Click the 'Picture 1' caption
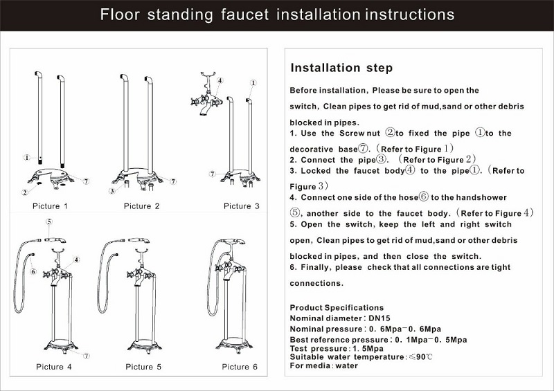(x=50, y=206)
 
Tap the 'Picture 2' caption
(x=142, y=206)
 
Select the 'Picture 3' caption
(x=241, y=206)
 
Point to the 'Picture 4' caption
(x=54, y=367)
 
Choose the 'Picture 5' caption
(x=143, y=367)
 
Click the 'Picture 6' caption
(x=240, y=367)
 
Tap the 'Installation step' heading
(x=341, y=68)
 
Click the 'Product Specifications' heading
(x=337, y=308)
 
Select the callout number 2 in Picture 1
(x=25, y=192)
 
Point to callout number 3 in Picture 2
(x=112, y=191)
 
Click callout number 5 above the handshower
(x=49, y=221)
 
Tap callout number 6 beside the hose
(x=33, y=271)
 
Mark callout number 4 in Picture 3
(x=220, y=80)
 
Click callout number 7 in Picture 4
(x=87, y=356)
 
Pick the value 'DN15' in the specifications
(x=379, y=318)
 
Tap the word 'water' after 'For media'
(x=347, y=365)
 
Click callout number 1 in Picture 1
(x=27, y=157)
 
